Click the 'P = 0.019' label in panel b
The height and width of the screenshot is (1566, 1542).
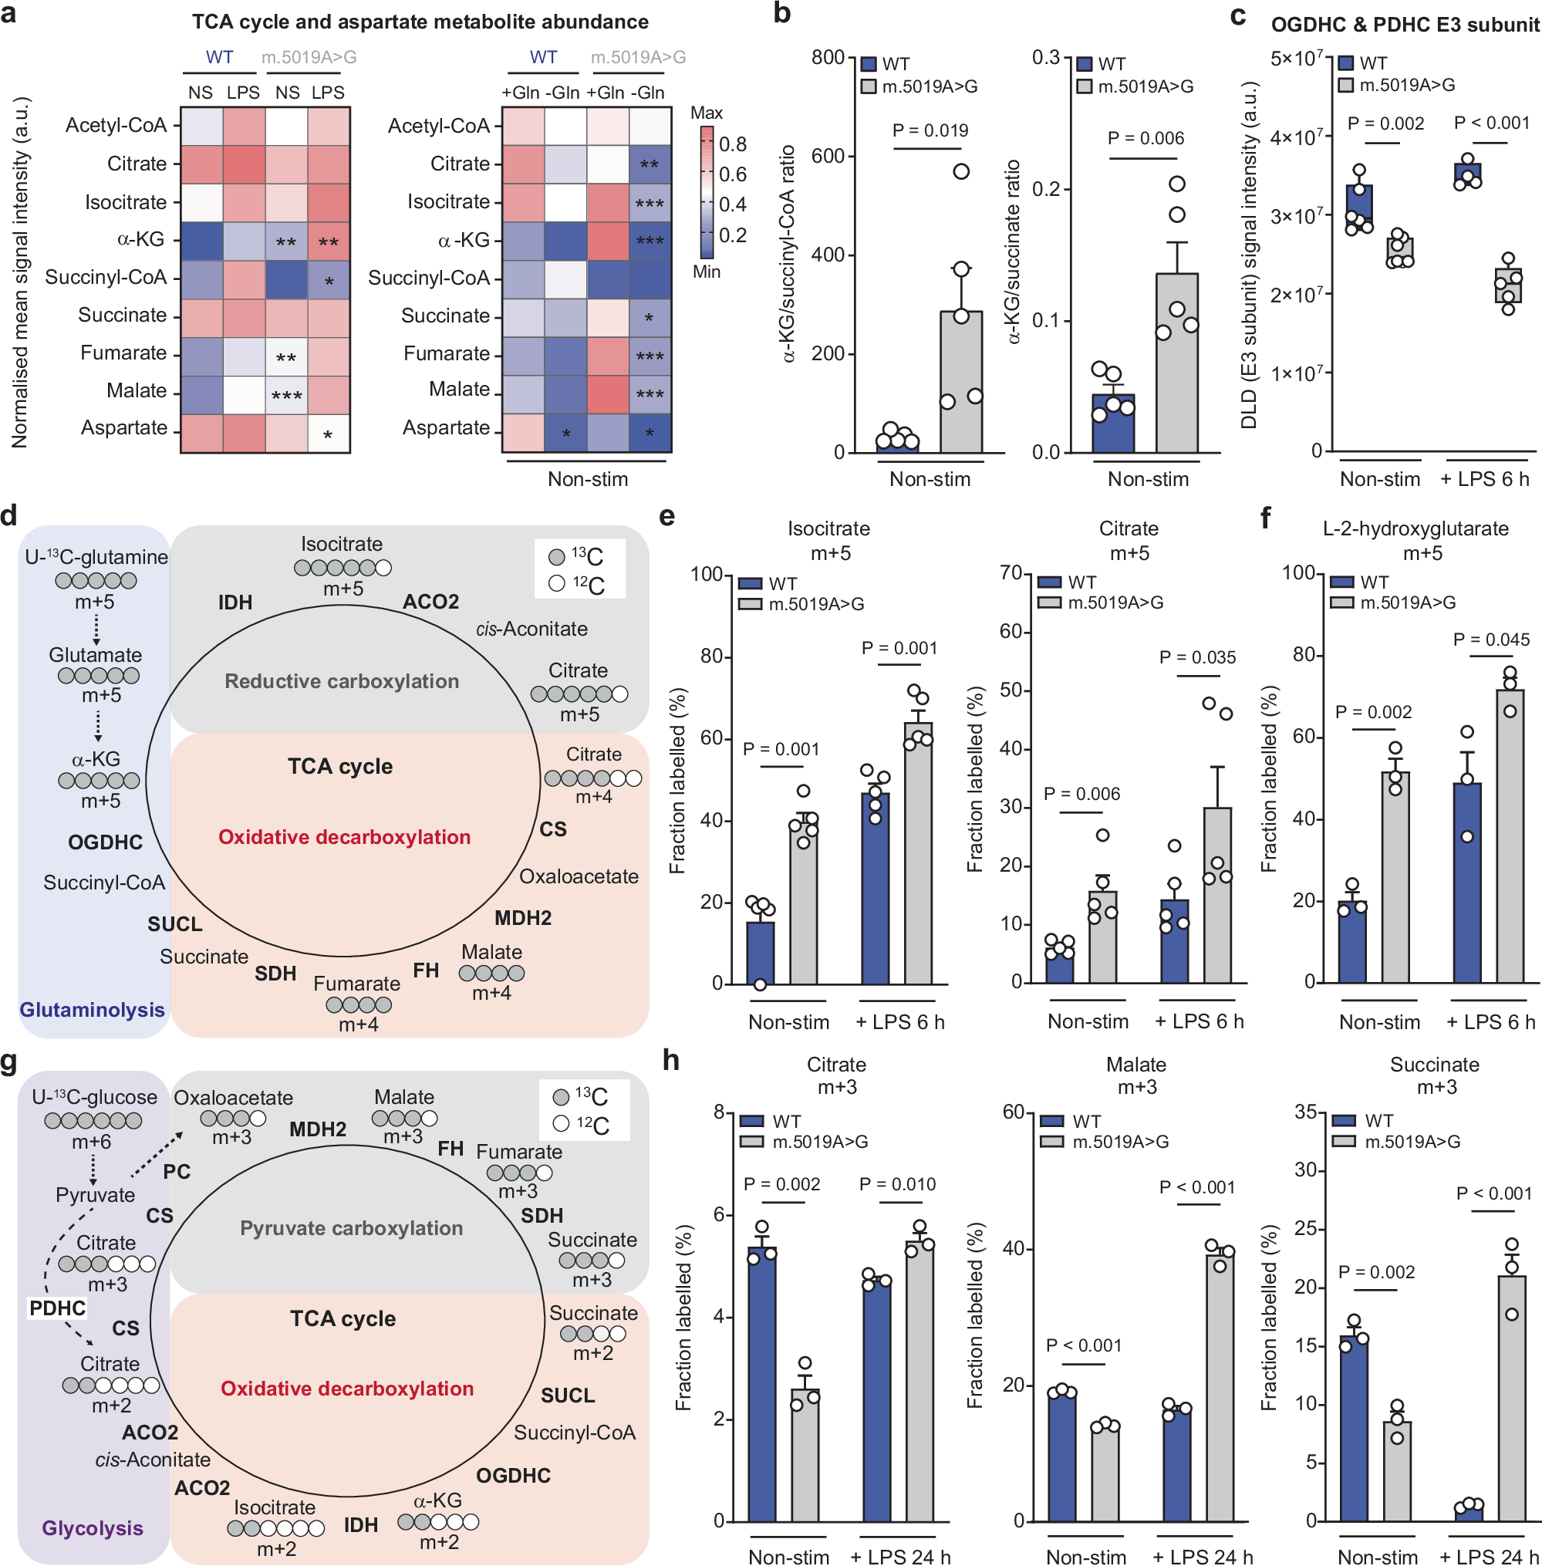[930, 130]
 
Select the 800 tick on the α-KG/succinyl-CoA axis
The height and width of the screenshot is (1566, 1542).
[828, 58]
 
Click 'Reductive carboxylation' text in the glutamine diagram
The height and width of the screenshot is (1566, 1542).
[342, 681]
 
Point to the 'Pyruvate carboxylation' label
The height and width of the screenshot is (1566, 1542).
[352, 1227]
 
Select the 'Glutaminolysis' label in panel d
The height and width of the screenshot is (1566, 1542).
[93, 1010]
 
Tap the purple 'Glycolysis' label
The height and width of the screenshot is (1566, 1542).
[93, 1528]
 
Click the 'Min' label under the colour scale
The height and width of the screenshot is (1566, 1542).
[707, 272]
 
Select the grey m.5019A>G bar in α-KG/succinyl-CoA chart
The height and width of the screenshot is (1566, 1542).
[961, 381]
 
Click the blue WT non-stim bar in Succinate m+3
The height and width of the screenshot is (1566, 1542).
[1353, 1429]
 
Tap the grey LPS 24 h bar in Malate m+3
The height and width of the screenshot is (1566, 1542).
[1220, 1387]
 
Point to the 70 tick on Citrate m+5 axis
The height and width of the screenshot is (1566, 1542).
[1011, 573]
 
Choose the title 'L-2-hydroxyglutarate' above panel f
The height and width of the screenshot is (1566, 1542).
[1415, 528]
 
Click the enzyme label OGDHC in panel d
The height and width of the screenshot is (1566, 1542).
[105, 842]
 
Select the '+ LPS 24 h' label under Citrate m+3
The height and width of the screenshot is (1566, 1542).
[900, 1556]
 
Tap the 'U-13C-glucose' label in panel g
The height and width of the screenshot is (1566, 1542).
[94, 1097]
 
